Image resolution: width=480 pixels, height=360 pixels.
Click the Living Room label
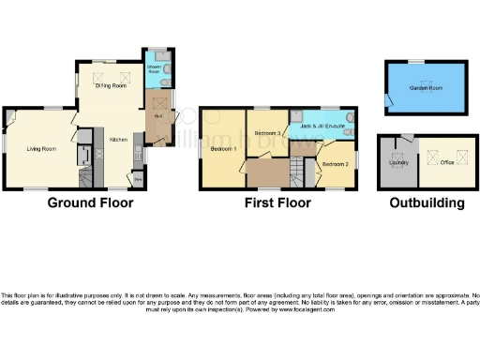pos(39,149)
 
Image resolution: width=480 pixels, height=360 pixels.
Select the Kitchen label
pos(119,139)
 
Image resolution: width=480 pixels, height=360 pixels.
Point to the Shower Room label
pos(155,69)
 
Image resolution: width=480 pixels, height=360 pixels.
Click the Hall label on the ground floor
pos(159,115)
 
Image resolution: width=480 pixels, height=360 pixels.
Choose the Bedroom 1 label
pos(222,149)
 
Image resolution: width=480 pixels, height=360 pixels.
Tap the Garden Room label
pos(427,89)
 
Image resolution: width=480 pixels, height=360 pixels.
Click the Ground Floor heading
pos(90,202)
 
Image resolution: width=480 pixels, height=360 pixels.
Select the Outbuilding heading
pos(426,202)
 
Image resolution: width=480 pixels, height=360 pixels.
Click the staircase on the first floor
pos(298,171)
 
